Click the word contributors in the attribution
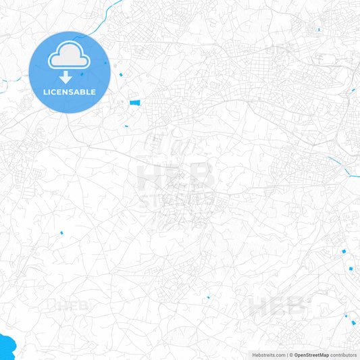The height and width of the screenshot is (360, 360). pos(344,355)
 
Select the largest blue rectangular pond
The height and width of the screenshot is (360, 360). pos(135,103)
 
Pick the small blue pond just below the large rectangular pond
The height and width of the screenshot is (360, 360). pos(126,126)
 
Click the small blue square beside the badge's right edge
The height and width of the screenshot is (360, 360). pos(120,74)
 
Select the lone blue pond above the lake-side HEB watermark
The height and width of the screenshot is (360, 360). pos(61,233)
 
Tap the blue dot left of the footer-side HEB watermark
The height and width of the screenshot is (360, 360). pos(209,297)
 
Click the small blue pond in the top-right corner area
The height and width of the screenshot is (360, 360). pos(318,29)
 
